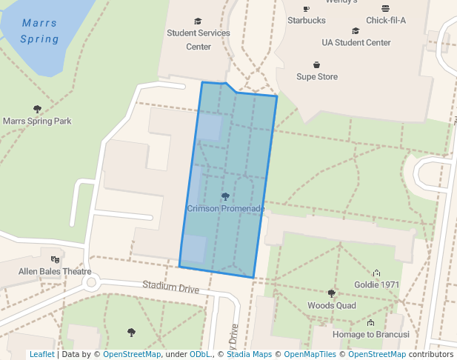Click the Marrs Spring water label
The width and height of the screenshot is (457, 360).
pos(39,31)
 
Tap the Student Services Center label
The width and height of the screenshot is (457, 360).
pos(198,40)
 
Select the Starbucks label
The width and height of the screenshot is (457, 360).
pos(307,20)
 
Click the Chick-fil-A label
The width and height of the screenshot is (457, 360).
pos(386,20)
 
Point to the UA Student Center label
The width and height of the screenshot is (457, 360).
pos(356,43)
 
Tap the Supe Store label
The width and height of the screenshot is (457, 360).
pos(317,76)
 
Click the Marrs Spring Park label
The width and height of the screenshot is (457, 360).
pos(37,121)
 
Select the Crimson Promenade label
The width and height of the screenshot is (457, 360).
pos(226,209)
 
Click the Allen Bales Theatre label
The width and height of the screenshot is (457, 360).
pos(55,272)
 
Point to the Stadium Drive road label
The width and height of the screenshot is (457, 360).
pos(171,287)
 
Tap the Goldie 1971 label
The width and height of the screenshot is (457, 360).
pos(376,284)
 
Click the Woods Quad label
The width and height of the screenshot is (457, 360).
pos(332,305)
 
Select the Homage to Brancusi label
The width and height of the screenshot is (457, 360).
pos(370,335)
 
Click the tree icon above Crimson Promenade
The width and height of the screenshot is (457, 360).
pos(226,196)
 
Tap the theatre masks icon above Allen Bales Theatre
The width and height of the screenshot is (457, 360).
pos(55,259)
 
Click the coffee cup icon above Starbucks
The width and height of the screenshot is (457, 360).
pos(307,9)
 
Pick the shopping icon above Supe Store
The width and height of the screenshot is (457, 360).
pos(317,64)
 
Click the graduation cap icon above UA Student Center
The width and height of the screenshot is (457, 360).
pos(356,31)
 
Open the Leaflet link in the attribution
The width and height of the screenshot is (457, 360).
pos(41,354)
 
